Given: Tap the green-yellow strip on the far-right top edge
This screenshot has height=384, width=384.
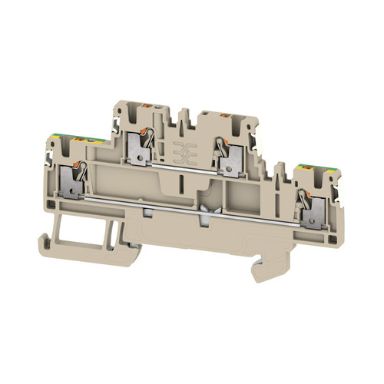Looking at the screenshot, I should (x=307, y=167).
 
